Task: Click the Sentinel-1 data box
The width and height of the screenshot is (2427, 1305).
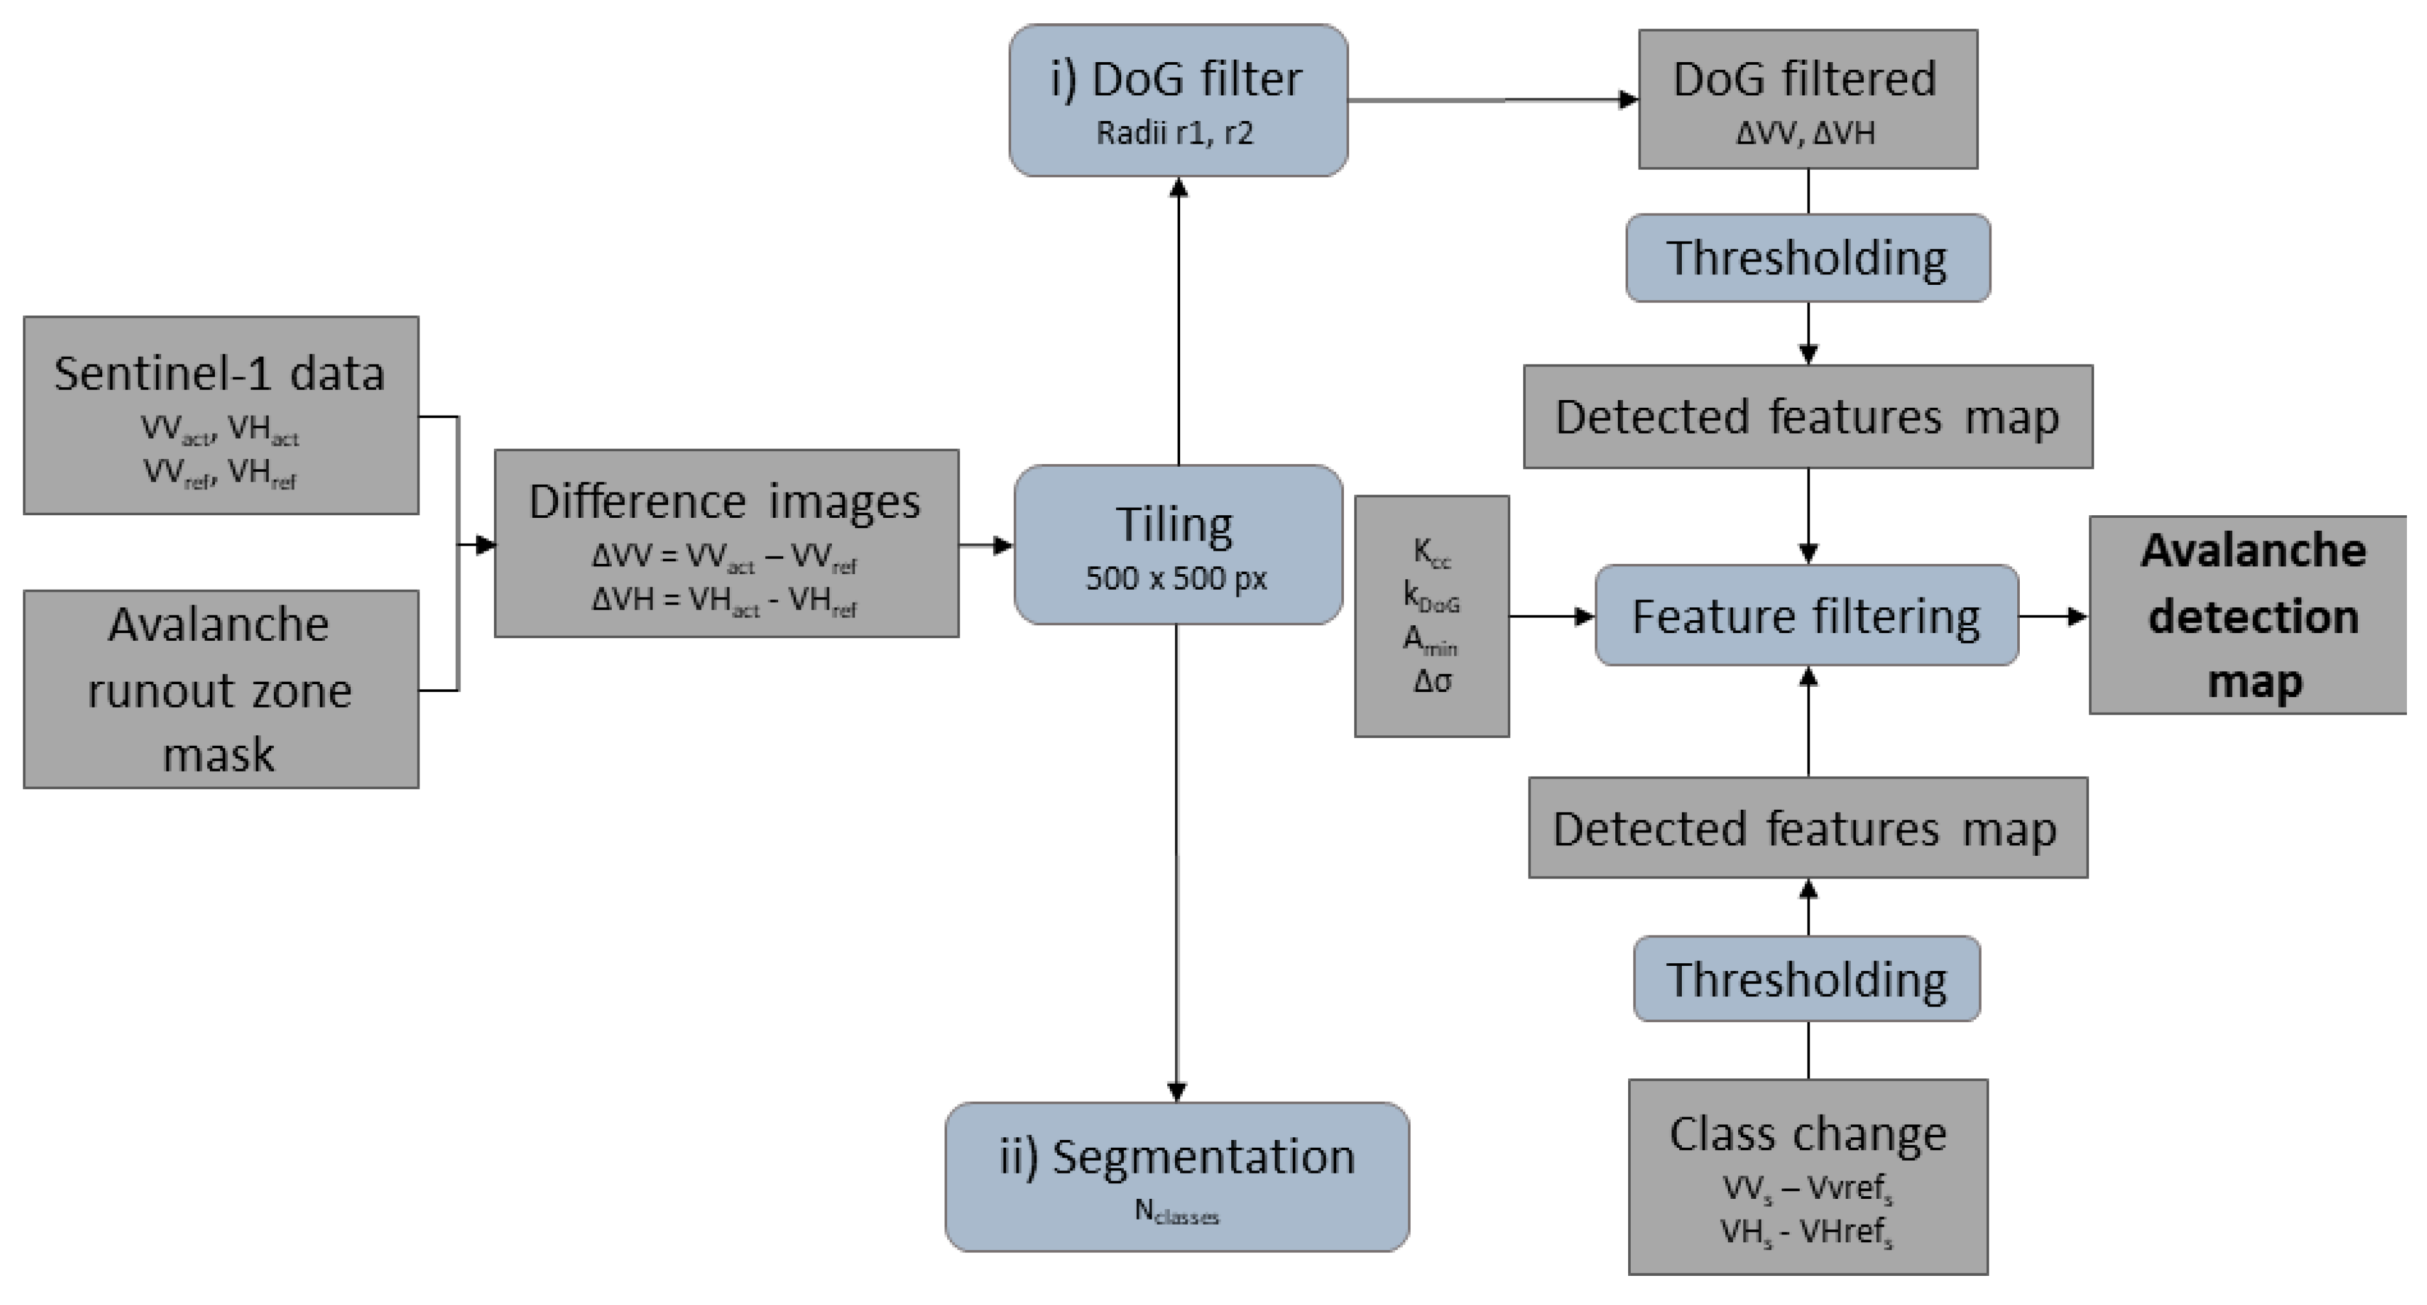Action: pyautogui.click(x=221, y=414)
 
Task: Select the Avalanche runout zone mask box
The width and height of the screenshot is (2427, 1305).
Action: pyautogui.click(x=221, y=689)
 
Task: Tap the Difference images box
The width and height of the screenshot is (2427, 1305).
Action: pyautogui.click(x=726, y=542)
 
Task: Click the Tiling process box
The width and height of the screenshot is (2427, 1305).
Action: pyautogui.click(x=1178, y=544)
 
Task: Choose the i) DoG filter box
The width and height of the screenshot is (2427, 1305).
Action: pyautogui.click(x=1178, y=99)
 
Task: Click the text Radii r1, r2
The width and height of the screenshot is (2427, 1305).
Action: pyautogui.click(x=1175, y=133)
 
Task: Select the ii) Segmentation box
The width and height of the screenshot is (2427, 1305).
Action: pyautogui.click(x=1177, y=1176)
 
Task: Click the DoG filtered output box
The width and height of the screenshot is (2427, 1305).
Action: pyautogui.click(x=1807, y=99)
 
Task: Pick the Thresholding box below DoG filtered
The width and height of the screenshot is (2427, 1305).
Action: pyautogui.click(x=1807, y=257)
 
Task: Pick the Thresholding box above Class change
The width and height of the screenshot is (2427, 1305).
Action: pyautogui.click(x=1806, y=978)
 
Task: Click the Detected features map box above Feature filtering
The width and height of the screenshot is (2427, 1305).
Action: pyautogui.click(x=1807, y=416)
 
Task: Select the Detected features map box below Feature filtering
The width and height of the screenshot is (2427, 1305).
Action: pyautogui.click(x=1807, y=827)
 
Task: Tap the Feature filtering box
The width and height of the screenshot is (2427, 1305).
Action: pyautogui.click(x=1806, y=616)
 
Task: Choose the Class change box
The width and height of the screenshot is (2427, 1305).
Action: pyautogui.click(x=1807, y=1176)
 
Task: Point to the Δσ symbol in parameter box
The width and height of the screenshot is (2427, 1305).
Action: pyautogui.click(x=1431, y=681)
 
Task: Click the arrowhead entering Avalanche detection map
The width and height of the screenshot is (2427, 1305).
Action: pyautogui.click(x=2077, y=616)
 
